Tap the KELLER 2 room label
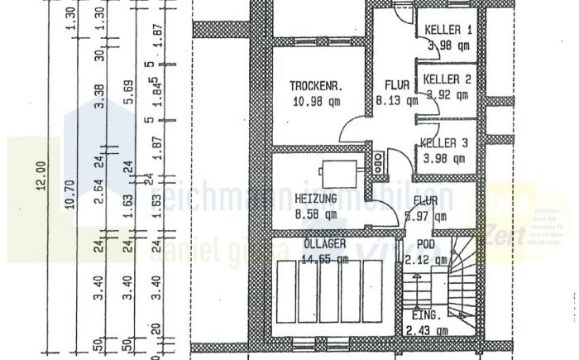click(447, 80)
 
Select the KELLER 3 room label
click(445, 142)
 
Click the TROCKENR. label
click(316, 86)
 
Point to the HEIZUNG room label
click(315, 199)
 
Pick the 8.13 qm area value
click(391, 100)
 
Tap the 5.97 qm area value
click(426, 217)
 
